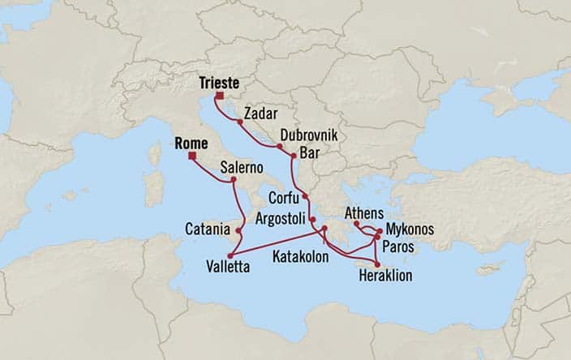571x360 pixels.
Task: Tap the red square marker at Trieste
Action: (219, 97)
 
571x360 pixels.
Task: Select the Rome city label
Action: (191, 144)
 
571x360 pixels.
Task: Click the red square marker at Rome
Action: (191, 157)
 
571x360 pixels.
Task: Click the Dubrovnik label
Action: (308, 135)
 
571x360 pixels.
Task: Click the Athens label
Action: (363, 212)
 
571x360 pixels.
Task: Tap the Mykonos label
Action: (410, 229)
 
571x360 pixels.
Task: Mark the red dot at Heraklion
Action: (377, 264)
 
